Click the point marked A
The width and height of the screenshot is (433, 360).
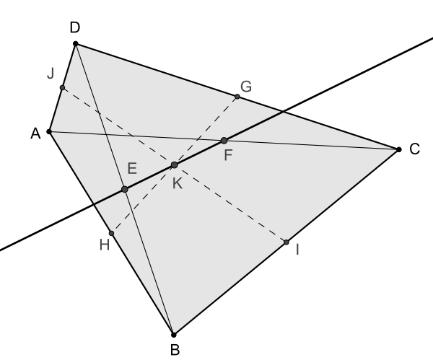49,132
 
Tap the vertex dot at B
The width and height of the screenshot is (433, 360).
173,335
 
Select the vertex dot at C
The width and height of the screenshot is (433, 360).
399,149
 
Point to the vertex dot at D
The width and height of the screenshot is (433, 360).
76,43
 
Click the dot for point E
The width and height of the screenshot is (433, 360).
125,189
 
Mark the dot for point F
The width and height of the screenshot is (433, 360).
224,141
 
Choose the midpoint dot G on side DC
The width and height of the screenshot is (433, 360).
237,97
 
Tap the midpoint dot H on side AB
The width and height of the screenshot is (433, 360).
111,233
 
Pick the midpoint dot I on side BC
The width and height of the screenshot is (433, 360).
286,242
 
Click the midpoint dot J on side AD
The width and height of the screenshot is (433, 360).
62,88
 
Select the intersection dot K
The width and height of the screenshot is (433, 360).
174,165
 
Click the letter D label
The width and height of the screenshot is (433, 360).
75,27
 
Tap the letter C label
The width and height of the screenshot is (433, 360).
414,149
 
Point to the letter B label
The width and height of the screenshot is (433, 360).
175,350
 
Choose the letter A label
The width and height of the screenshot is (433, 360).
35,133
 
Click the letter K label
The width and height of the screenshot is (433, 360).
178,183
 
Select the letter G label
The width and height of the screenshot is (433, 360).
246,87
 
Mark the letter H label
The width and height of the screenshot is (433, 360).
105,245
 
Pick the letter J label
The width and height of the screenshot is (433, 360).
51,74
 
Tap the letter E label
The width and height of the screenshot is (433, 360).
132,168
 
